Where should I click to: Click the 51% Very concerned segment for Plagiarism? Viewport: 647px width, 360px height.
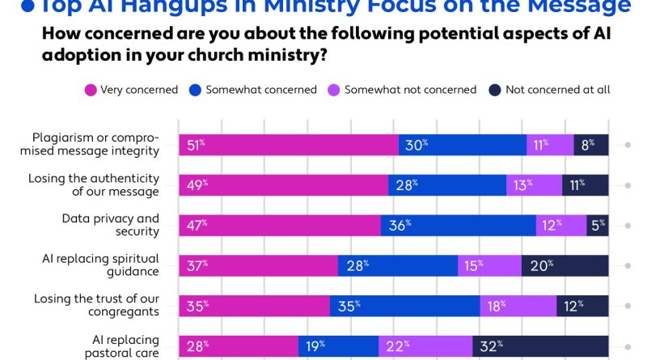288,146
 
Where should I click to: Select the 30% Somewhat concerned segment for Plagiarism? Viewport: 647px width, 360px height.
462,146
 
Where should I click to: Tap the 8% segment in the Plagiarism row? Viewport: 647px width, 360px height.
591,146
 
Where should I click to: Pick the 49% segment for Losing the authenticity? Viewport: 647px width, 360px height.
283,185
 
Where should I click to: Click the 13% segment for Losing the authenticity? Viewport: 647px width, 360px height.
535,185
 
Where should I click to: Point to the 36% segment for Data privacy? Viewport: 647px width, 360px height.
458,226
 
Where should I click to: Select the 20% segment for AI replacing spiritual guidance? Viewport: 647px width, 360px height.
565,265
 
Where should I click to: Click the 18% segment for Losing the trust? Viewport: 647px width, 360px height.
518,306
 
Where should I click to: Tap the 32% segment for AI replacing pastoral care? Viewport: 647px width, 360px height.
540,346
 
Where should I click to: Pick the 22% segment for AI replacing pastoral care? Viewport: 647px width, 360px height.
425,346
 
